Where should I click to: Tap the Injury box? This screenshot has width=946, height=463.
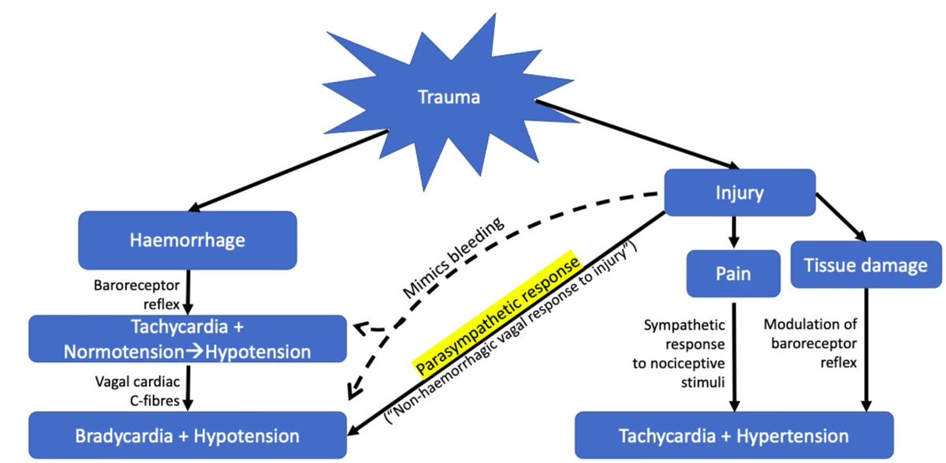click(739, 192)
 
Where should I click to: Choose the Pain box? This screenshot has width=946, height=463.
click(734, 273)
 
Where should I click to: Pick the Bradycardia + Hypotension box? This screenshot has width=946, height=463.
click(188, 435)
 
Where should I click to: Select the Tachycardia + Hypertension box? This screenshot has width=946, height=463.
click(734, 435)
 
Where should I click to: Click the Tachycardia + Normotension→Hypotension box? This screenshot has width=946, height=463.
click(188, 339)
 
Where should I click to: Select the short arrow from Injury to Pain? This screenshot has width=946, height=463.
click(734, 233)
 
